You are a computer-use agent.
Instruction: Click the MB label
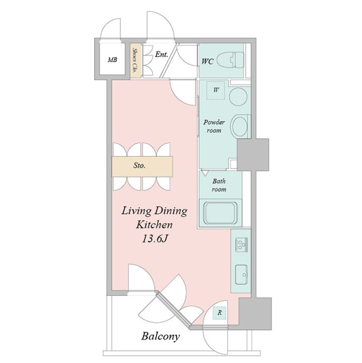point(112,60)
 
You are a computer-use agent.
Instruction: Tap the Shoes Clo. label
point(135,60)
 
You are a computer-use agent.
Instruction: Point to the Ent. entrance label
point(161,54)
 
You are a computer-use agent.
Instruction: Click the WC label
point(207,62)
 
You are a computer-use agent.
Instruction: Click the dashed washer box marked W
point(215,90)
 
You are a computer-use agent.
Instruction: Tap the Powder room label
point(214,126)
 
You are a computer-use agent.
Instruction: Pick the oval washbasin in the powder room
point(240,126)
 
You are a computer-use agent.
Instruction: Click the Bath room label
point(219,185)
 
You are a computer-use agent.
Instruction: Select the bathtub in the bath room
point(221,213)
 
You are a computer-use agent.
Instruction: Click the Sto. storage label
point(139,165)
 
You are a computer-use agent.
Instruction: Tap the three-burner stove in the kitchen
point(241,245)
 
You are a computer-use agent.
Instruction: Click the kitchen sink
point(241,275)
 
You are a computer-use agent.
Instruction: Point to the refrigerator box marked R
point(220,313)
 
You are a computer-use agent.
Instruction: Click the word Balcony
point(161,336)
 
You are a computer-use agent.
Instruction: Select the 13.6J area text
point(155,239)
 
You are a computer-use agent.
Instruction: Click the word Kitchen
point(154,225)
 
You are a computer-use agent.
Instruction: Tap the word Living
point(136,211)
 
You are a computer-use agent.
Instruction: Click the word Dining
point(171,211)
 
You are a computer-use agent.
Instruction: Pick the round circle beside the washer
point(238,96)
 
